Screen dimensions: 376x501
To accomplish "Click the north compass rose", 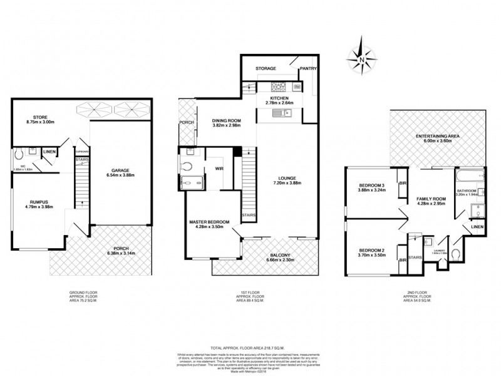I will [x=362, y=60].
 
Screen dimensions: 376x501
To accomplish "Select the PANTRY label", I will [x=309, y=68].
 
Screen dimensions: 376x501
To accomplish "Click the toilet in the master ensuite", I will [x=188, y=166].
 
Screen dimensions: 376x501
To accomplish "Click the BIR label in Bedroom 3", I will [x=403, y=183].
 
